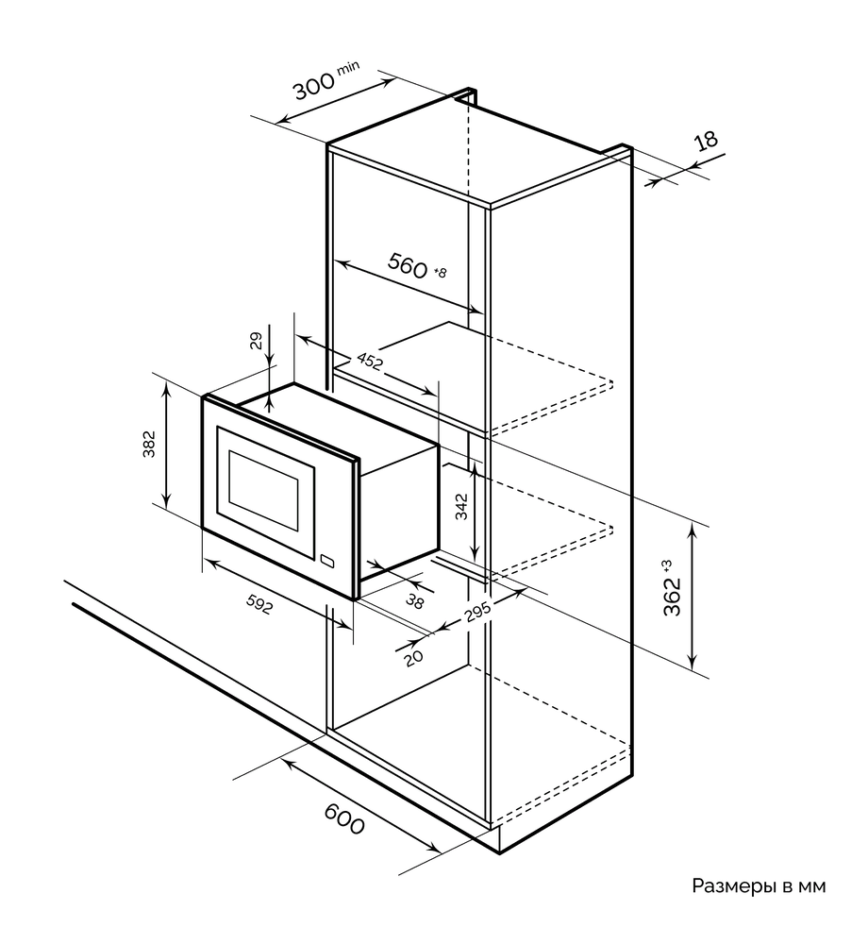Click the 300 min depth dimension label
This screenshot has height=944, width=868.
click(325, 80)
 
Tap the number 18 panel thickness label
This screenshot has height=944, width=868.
click(706, 141)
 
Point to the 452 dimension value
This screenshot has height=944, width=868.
click(370, 361)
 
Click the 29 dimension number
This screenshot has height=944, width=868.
click(257, 342)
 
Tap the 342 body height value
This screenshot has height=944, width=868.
click(461, 507)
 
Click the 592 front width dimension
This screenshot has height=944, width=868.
click(259, 603)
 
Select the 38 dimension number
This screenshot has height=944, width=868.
click(414, 600)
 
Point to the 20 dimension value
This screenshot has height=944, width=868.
click(414, 657)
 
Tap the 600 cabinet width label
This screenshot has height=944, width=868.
click(344, 819)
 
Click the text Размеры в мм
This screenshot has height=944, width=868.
click(759, 886)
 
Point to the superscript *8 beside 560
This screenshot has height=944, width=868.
click(440, 273)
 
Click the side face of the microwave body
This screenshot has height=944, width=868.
click(399, 511)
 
